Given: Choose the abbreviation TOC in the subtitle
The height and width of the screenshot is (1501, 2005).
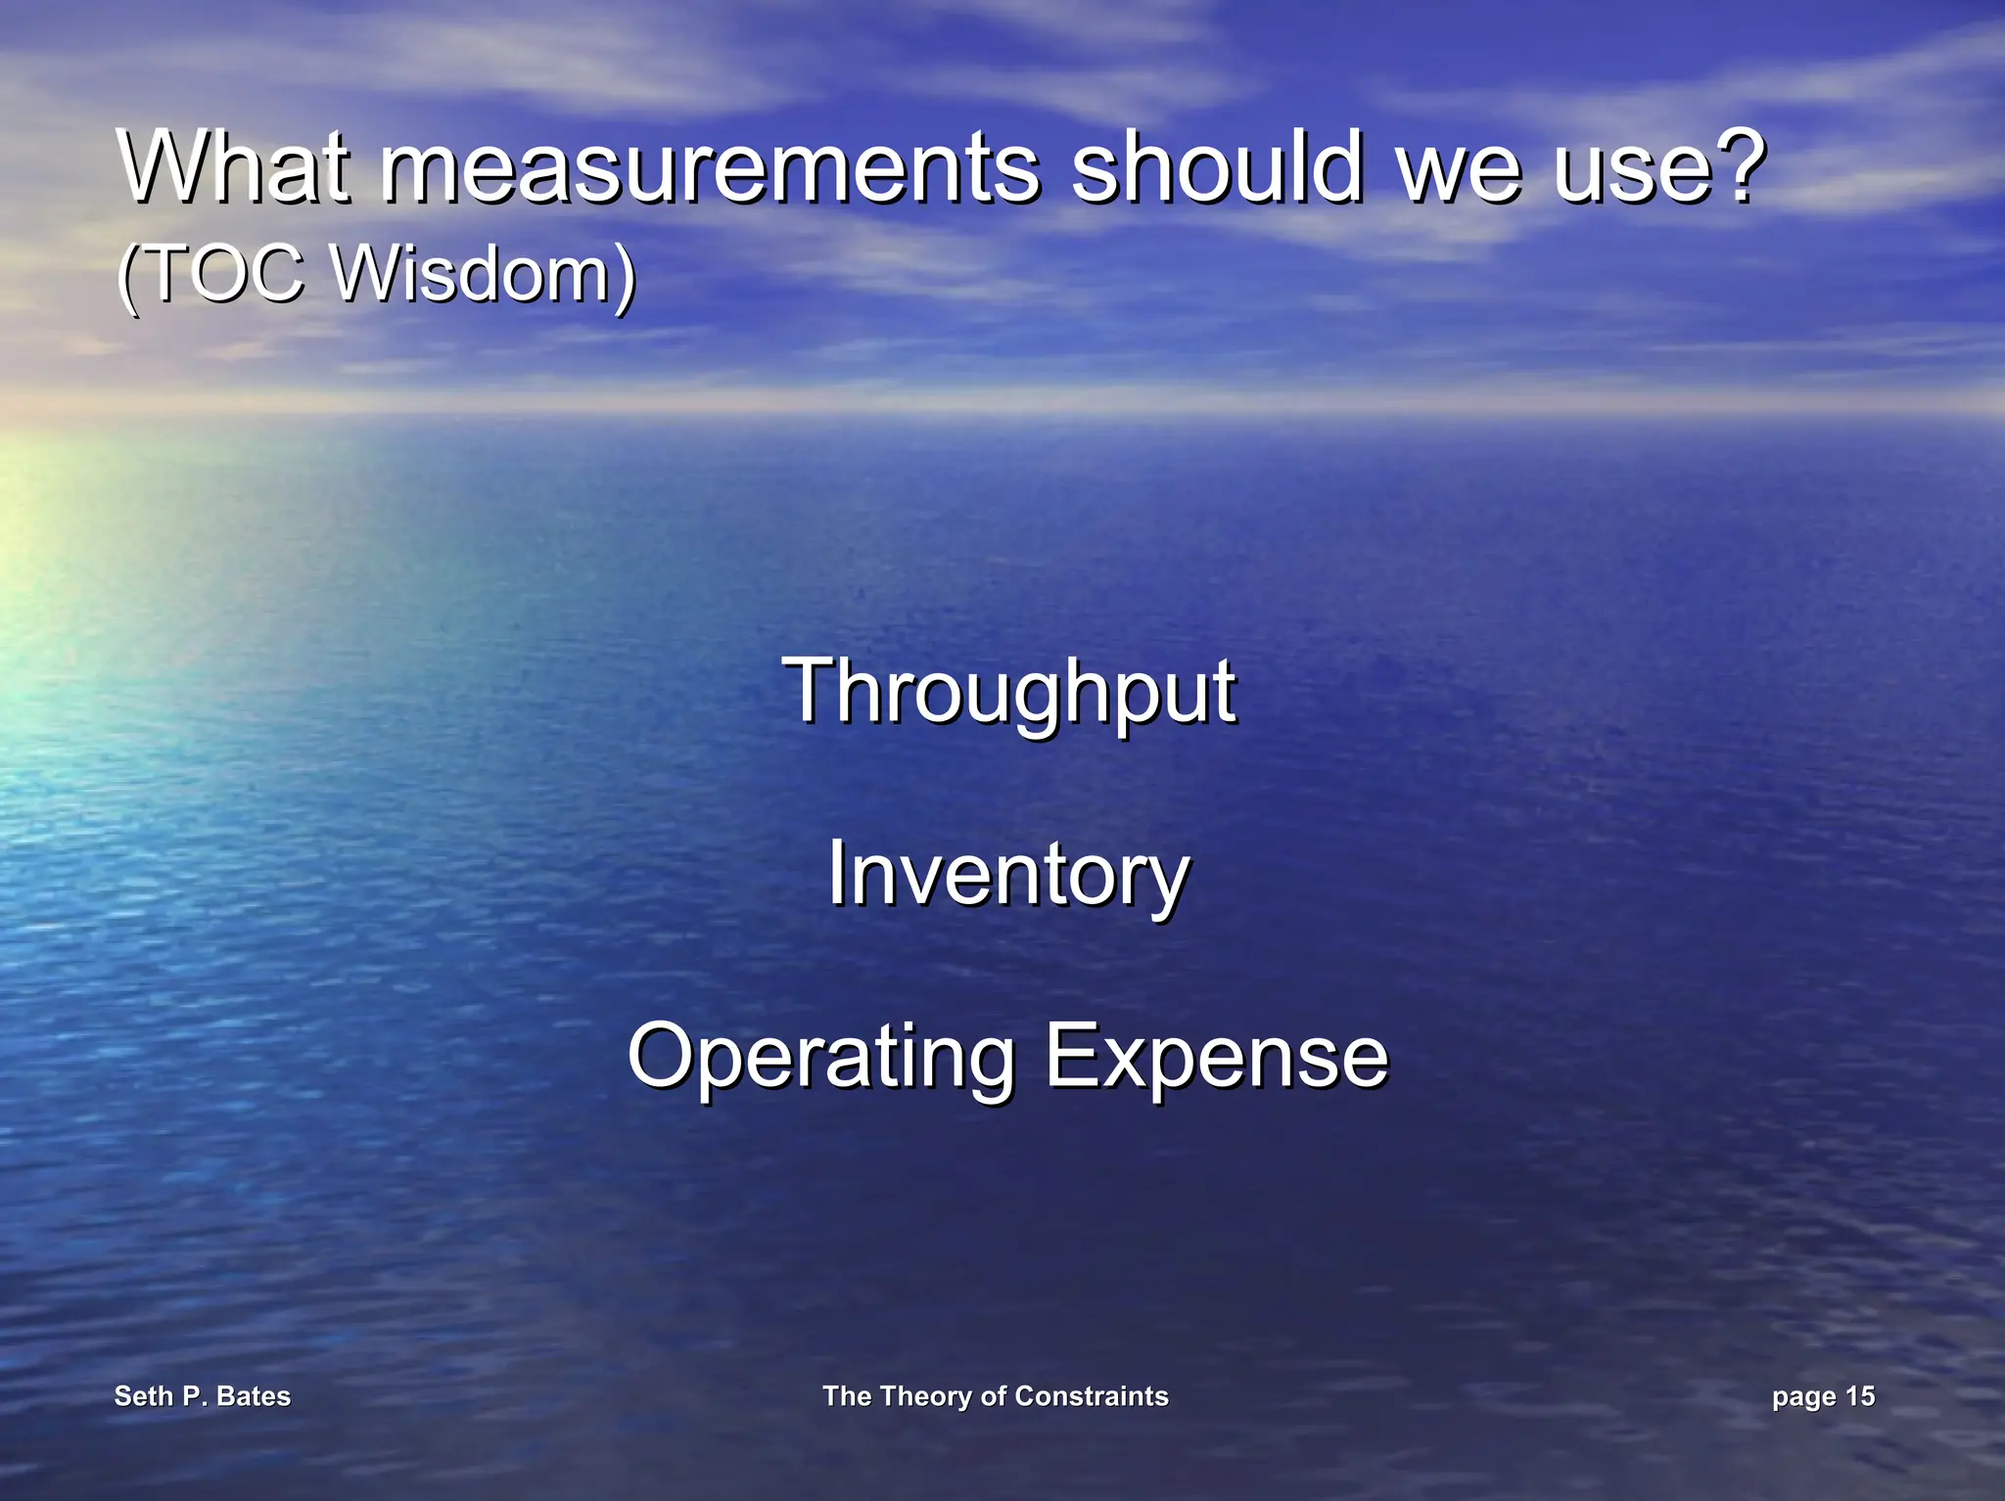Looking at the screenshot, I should [224, 273].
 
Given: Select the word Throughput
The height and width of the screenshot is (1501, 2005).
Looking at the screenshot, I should [1009, 693].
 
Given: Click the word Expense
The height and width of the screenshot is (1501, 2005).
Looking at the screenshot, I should [1217, 1058].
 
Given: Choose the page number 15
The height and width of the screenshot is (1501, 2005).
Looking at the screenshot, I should [1859, 1396].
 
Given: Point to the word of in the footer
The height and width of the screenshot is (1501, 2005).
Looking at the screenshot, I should [993, 1396].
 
